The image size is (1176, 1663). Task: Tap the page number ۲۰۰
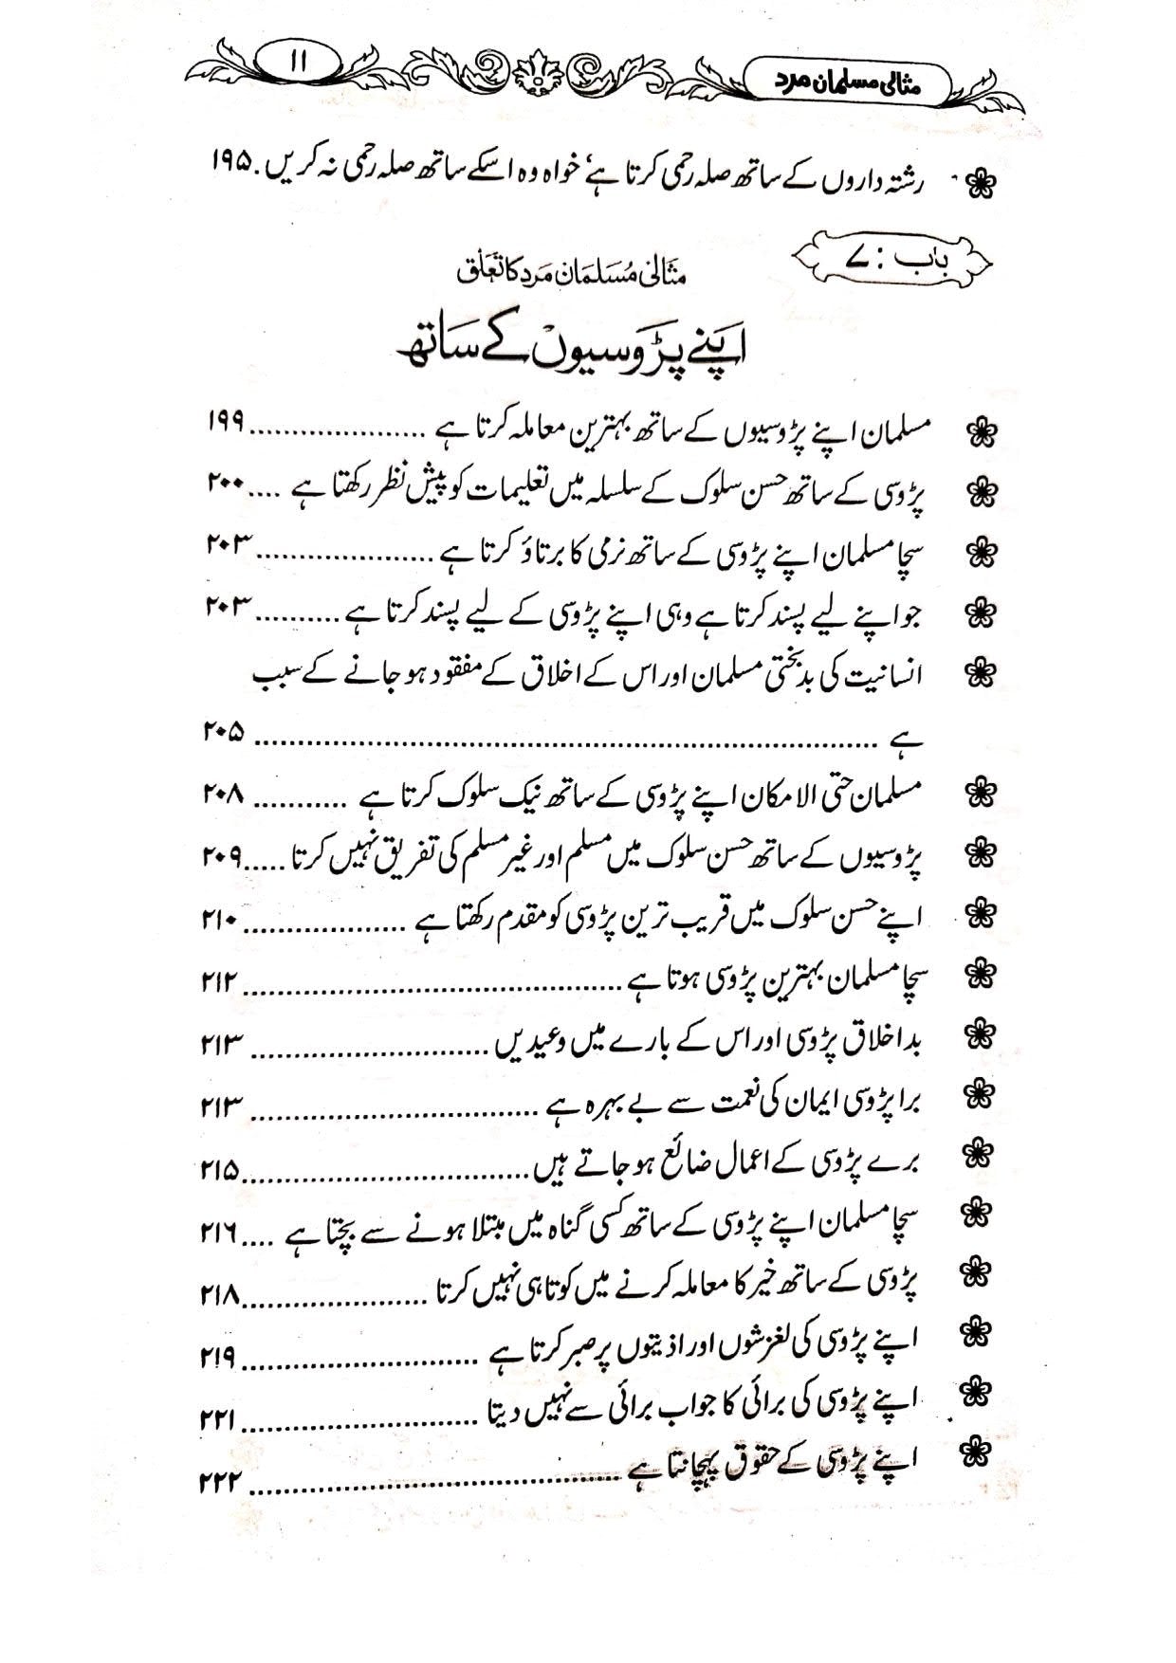[x=224, y=485]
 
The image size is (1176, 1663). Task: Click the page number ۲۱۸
[x=219, y=1294]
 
